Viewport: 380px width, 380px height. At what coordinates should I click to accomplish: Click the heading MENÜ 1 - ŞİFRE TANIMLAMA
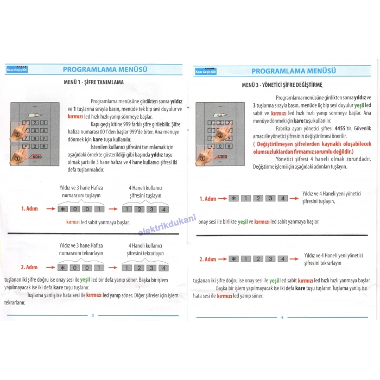(x=93, y=82)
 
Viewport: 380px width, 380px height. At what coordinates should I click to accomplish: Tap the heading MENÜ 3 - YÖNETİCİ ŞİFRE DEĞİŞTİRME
(x=282, y=85)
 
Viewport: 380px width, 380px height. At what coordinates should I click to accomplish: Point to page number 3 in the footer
(x=93, y=315)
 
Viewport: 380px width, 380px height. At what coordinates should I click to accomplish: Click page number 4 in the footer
(x=282, y=317)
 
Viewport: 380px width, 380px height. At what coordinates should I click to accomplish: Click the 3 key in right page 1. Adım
(x=270, y=199)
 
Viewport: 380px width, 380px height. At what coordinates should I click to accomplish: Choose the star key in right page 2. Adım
(x=234, y=259)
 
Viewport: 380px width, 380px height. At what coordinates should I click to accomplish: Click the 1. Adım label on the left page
(x=29, y=208)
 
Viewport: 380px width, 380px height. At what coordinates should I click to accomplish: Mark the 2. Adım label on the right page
(x=207, y=259)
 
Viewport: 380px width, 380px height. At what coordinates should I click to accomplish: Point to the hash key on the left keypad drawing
(x=43, y=145)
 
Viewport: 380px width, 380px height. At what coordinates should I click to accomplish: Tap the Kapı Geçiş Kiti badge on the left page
(x=17, y=69)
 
